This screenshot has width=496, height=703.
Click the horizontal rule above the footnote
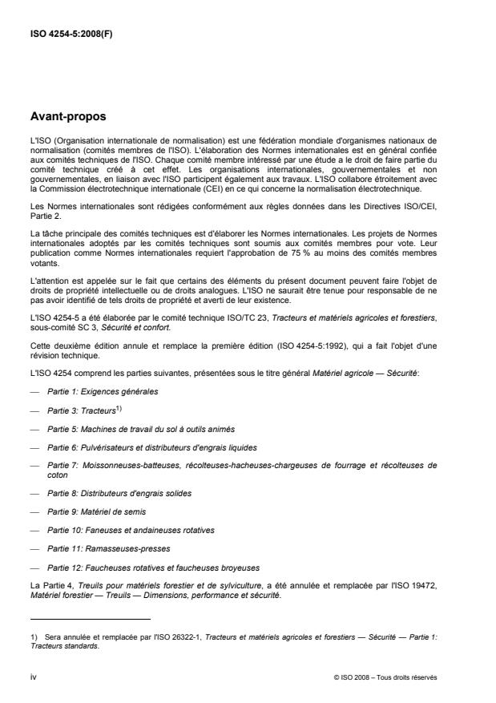(x=91, y=619)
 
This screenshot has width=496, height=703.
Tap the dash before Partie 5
(x=34, y=429)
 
